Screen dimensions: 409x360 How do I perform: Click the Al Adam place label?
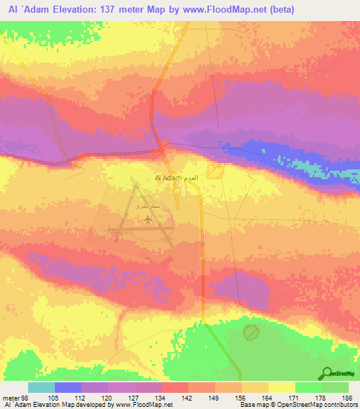167,178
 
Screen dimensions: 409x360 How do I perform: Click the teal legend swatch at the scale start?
41,387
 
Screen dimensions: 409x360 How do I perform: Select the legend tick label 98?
28,398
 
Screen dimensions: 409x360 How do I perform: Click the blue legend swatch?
67,387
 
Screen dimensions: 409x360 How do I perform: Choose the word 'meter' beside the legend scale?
11,398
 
